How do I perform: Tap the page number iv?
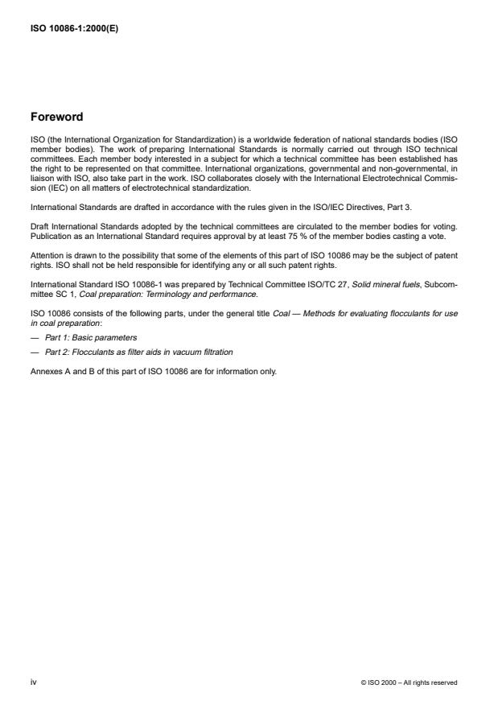[x=33, y=682]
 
